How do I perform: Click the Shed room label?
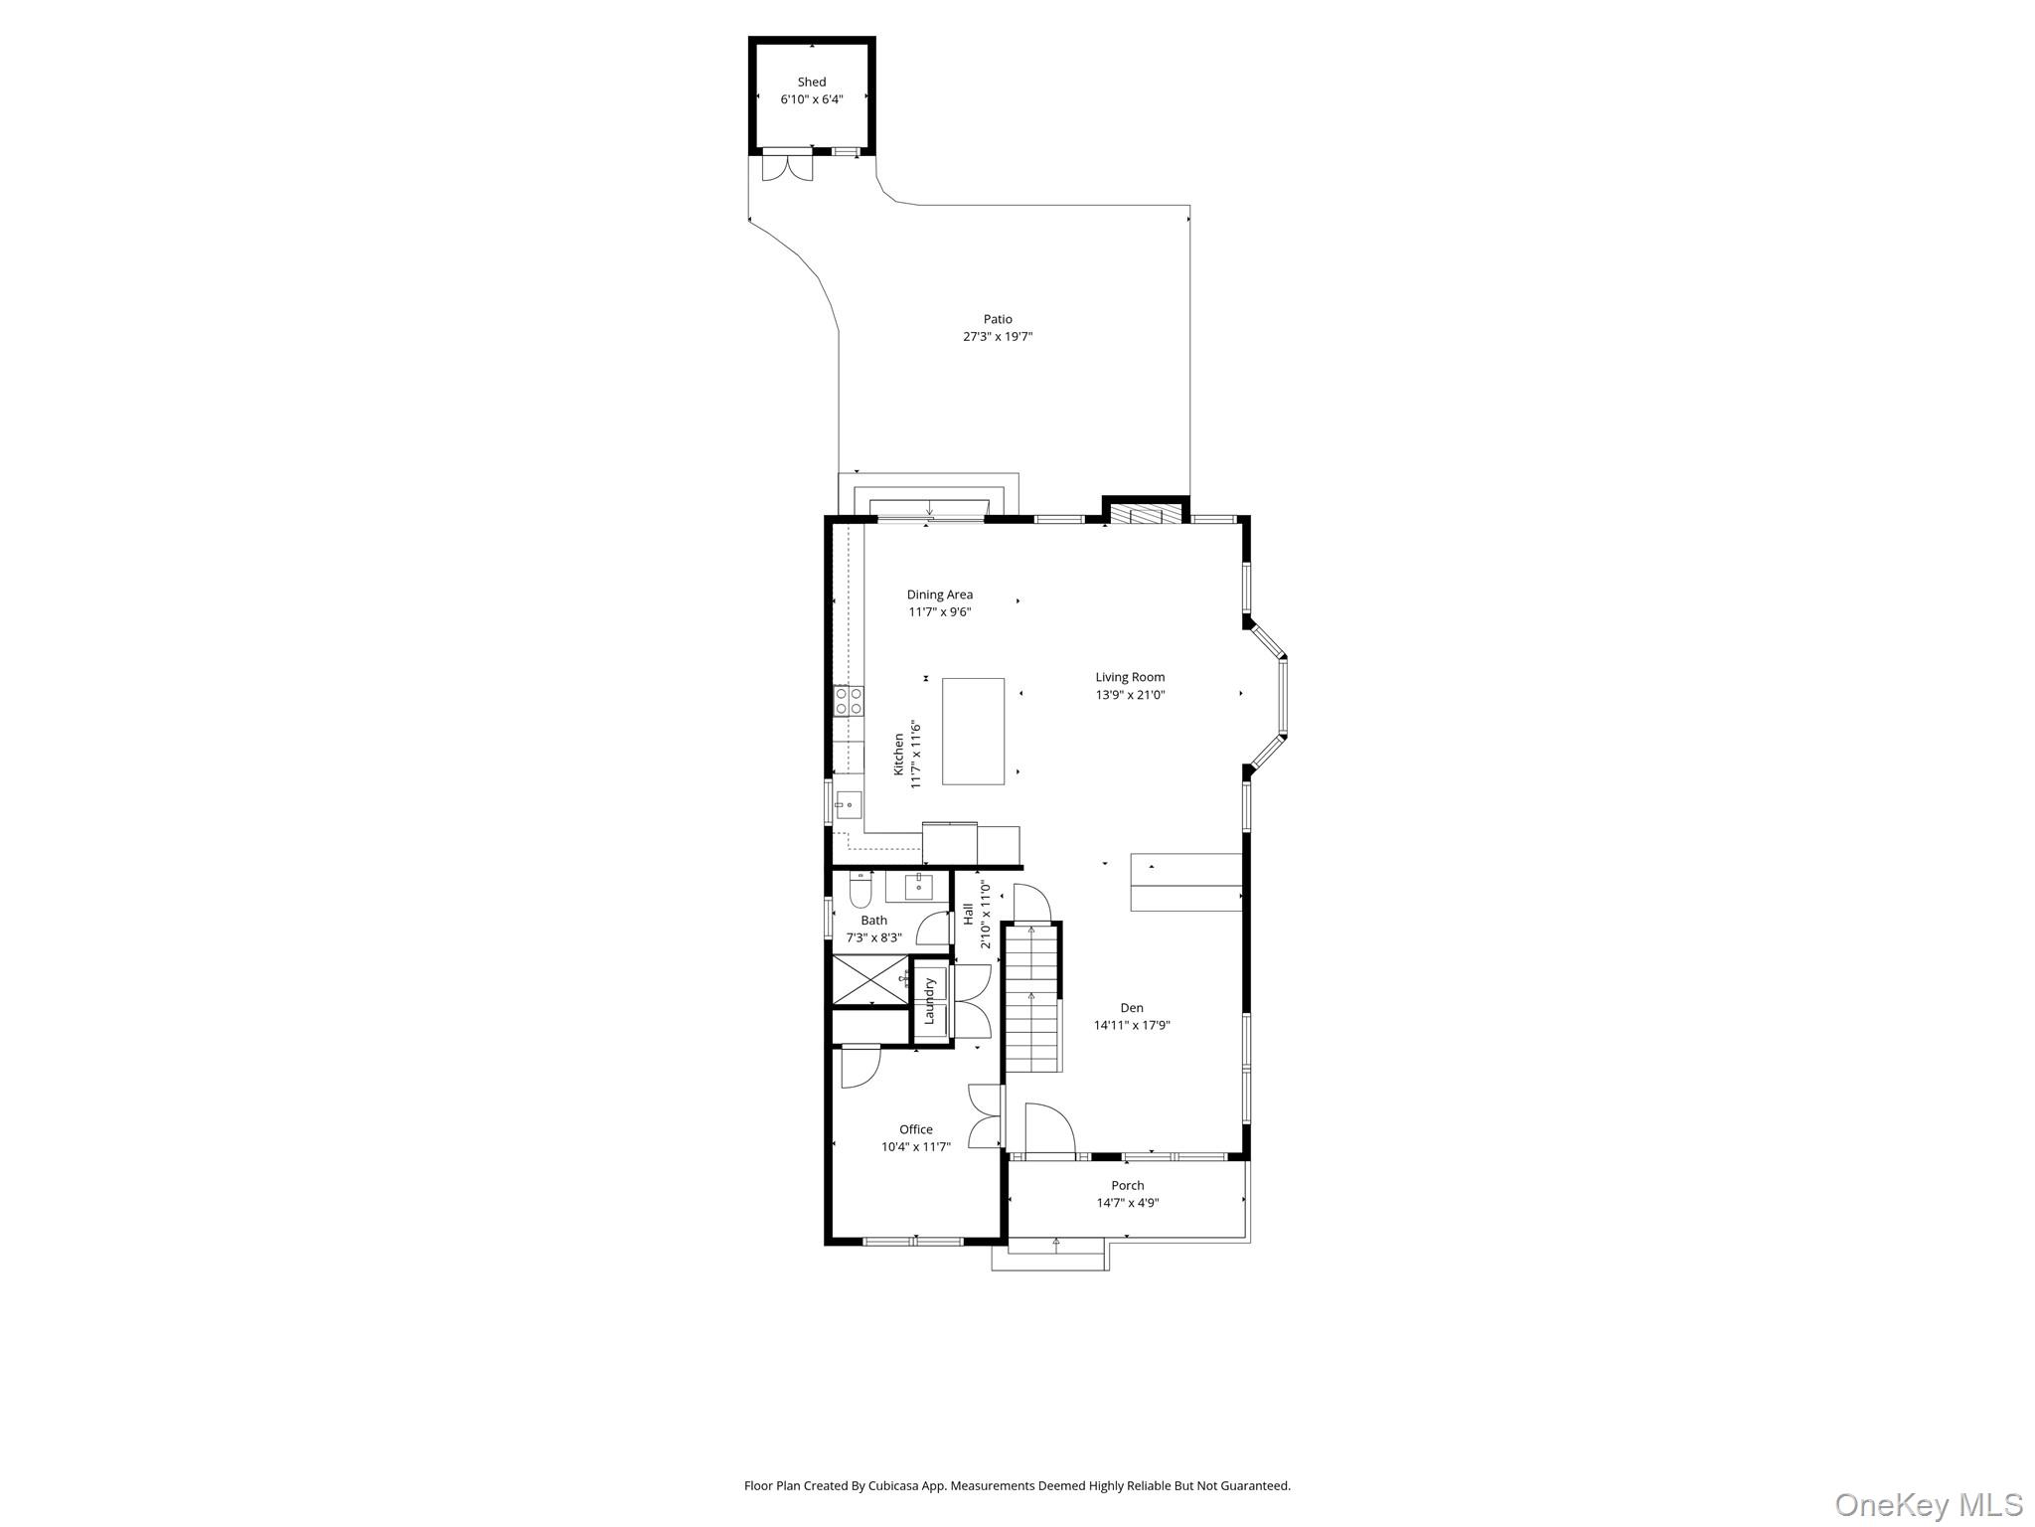click(811, 83)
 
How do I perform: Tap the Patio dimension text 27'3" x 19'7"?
click(998, 337)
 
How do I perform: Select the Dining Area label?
click(939, 594)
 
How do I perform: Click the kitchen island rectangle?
click(973, 731)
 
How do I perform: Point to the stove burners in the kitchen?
click(848, 701)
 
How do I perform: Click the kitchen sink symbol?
click(847, 804)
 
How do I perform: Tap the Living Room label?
click(1130, 677)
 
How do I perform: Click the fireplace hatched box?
click(1146, 514)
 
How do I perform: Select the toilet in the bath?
click(861, 889)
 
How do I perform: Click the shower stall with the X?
click(869, 980)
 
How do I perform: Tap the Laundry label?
click(930, 1001)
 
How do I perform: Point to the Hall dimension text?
click(986, 915)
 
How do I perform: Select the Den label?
click(1131, 1007)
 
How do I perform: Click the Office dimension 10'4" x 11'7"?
click(915, 1146)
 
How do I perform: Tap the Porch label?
click(1127, 1185)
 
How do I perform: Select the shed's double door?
click(787, 167)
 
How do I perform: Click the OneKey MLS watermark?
click(1928, 1504)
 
